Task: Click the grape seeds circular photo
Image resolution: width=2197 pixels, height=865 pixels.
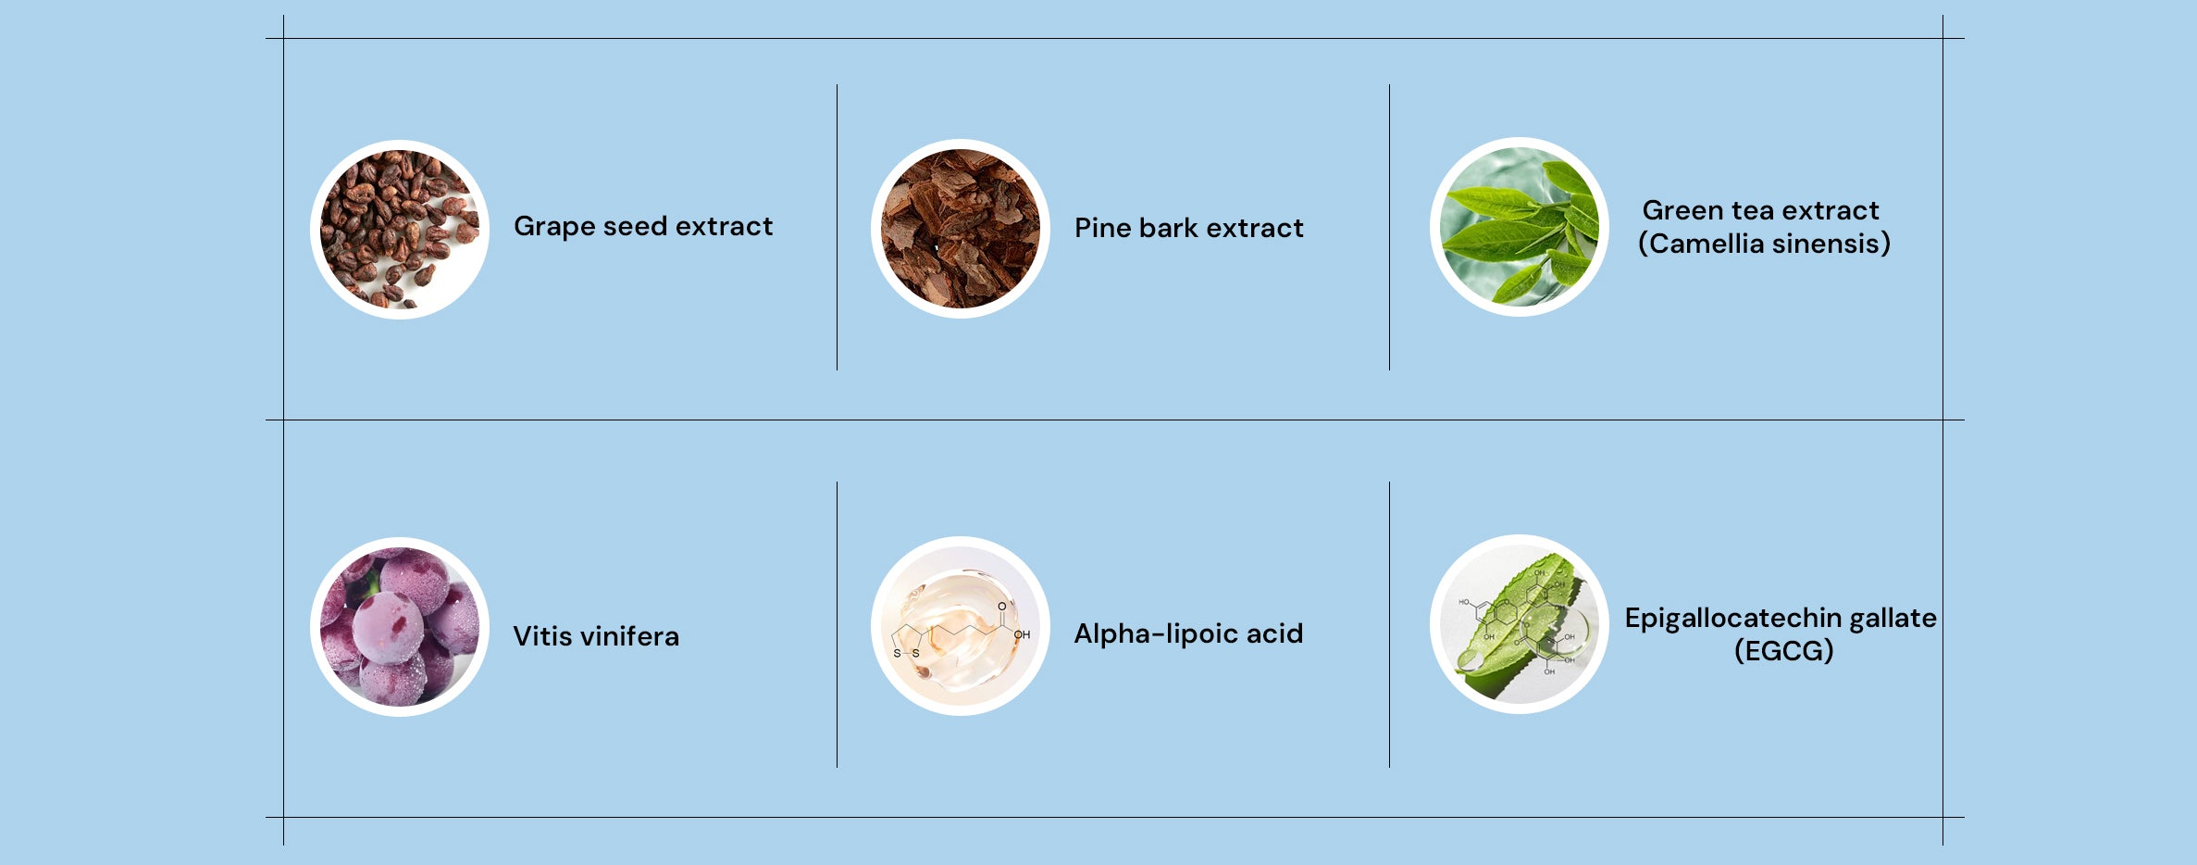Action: [x=400, y=230]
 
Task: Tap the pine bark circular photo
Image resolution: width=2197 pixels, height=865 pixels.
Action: [x=961, y=229]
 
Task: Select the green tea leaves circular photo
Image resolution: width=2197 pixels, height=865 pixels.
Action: [x=1520, y=227]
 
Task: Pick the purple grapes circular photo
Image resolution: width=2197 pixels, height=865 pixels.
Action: [x=400, y=627]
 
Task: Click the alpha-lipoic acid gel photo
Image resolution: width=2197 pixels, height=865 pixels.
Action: [x=961, y=626]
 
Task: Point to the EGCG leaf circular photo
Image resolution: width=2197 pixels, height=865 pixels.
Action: [x=1520, y=624]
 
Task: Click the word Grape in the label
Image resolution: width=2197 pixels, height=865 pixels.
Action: [x=554, y=228]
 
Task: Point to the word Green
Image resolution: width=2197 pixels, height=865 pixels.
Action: [x=1680, y=211]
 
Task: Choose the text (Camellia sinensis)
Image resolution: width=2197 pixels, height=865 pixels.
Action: [x=1764, y=244]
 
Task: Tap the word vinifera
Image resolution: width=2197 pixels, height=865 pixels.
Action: [x=630, y=636]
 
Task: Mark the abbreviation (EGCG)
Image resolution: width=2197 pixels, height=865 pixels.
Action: [x=1783, y=651]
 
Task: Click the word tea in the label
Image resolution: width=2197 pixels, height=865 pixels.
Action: [x=1749, y=211]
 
